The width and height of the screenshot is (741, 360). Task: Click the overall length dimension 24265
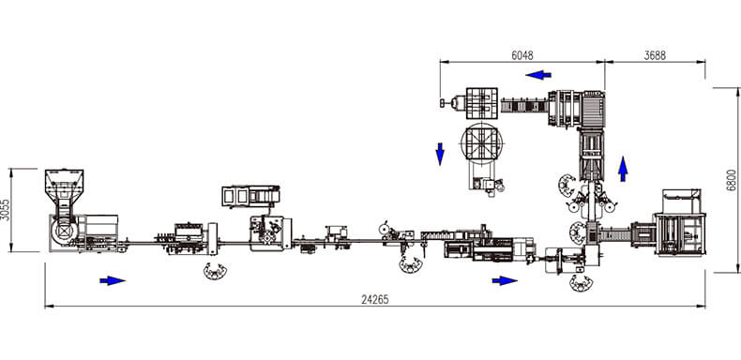[375, 299]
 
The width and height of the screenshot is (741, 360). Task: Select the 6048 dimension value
[522, 55]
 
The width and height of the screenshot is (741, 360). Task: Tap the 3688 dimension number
[655, 55]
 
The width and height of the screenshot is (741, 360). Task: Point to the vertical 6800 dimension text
[732, 180]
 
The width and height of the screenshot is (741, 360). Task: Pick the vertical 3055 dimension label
[5, 210]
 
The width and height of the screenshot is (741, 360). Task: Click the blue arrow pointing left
[538, 75]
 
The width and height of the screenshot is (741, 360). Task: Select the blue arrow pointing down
[440, 154]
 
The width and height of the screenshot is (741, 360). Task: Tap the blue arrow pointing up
[624, 169]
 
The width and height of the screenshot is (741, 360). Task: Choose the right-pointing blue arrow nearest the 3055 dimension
[113, 280]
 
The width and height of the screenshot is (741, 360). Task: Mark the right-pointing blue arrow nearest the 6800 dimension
[505, 280]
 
